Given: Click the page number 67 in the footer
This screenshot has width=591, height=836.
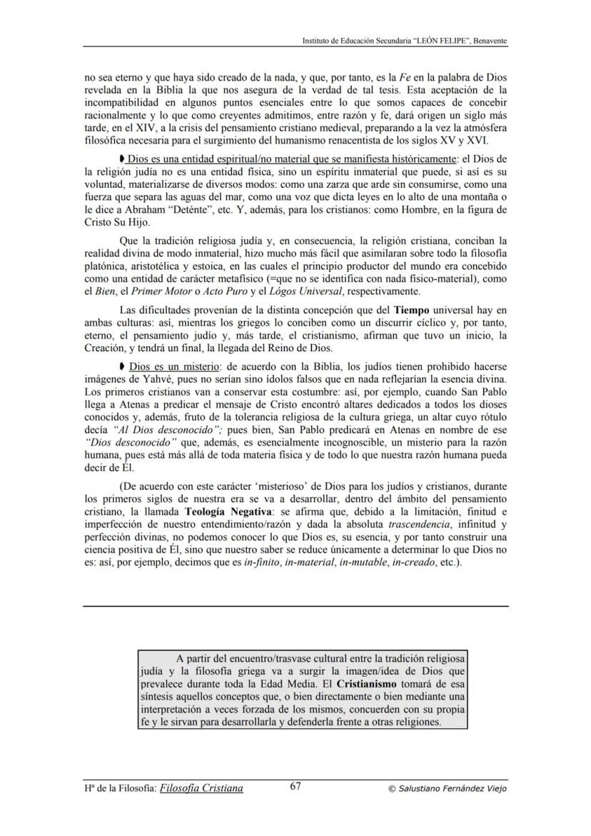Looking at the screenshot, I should click(295, 787).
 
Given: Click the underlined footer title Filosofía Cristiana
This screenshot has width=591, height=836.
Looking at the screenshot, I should click(202, 788).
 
